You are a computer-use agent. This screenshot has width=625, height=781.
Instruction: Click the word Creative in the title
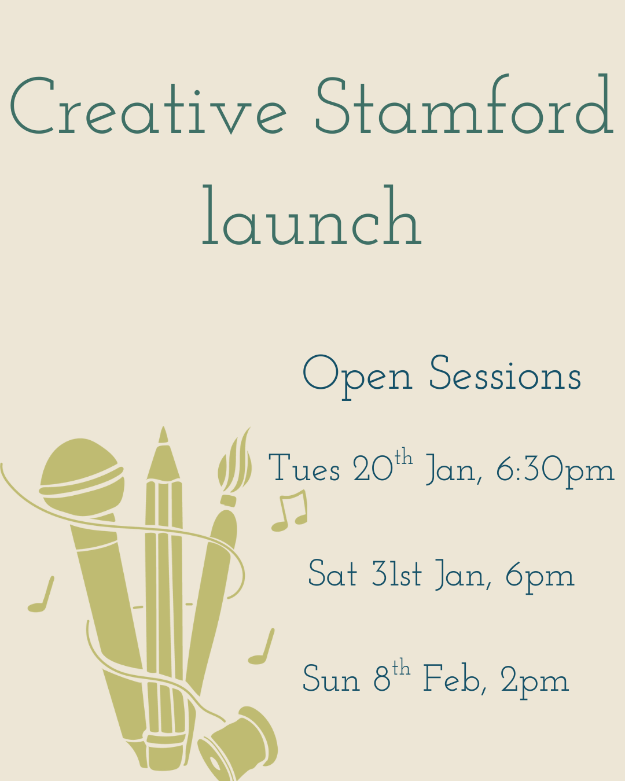pos(148,107)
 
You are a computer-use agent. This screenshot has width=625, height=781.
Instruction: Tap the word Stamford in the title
pos(463,107)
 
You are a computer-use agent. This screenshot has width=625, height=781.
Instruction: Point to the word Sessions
pos(505,375)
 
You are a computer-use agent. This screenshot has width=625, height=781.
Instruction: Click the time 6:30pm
pos(554,470)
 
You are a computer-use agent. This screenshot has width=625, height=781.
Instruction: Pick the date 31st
pos(396,574)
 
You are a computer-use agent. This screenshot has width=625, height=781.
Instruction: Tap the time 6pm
pos(539,576)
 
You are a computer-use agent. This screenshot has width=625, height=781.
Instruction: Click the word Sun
pos(330,679)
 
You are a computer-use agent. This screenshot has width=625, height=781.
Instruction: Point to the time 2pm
pos(534,680)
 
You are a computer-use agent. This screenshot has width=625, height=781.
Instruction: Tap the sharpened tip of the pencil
pos(163,445)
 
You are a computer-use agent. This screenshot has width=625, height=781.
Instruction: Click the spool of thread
pos(240,743)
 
